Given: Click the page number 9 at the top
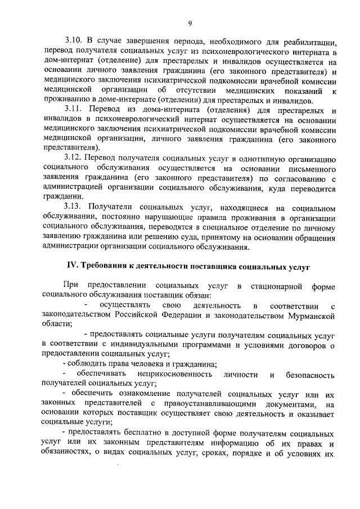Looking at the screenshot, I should coord(190,23).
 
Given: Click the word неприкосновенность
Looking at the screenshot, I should coord(177,374).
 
